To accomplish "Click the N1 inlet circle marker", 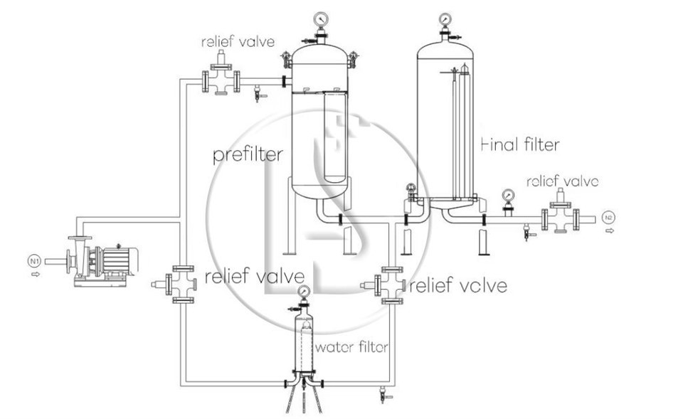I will [33, 261].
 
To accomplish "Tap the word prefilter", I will [248, 154].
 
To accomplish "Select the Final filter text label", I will [520, 144].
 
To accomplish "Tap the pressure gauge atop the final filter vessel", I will [446, 18].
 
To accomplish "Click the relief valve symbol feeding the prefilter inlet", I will [221, 80].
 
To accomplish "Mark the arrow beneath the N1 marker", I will [33, 274].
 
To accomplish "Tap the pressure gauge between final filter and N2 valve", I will [508, 196].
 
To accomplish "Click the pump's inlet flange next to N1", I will [67, 261].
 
